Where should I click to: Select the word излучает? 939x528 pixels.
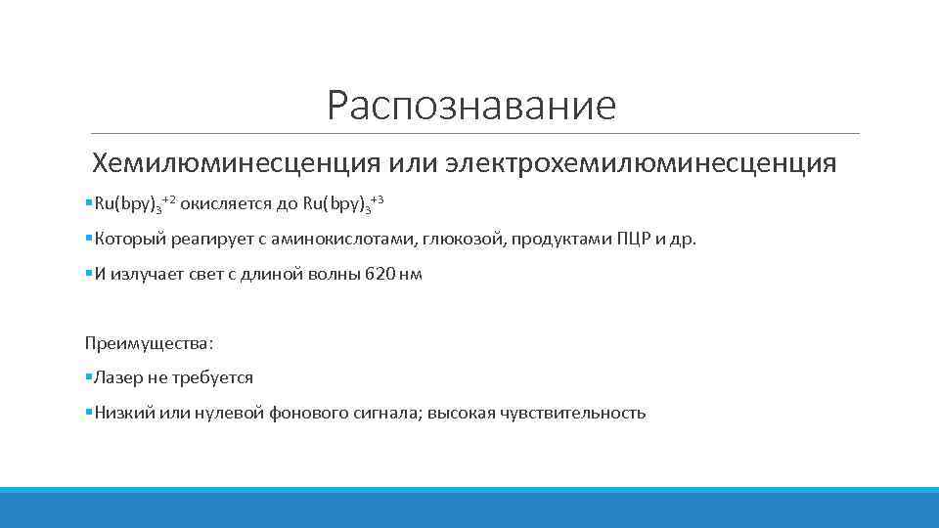point(147,274)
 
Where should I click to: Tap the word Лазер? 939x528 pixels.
point(116,377)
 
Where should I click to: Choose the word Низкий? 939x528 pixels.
point(121,413)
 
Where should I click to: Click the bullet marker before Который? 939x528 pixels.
point(89,239)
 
